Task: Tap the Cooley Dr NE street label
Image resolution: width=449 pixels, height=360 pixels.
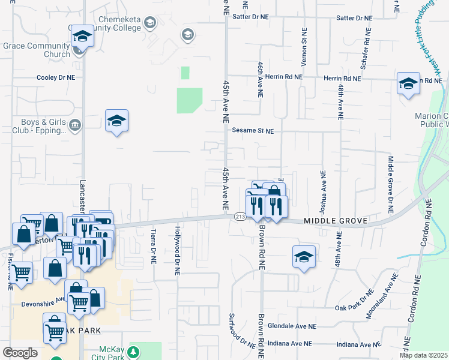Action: (56, 77)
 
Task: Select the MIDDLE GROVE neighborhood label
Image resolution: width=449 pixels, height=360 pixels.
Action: (335, 221)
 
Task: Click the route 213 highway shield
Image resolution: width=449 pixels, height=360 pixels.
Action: (240, 217)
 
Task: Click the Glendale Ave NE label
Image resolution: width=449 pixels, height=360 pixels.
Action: (292, 326)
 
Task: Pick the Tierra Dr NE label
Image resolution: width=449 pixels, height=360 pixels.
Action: (154, 247)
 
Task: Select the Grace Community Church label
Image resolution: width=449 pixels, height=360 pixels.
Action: (37, 50)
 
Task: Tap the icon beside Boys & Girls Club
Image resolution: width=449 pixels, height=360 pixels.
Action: (74, 125)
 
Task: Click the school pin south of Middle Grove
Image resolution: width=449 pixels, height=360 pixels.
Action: (304, 257)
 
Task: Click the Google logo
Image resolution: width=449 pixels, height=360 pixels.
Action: (20, 353)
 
